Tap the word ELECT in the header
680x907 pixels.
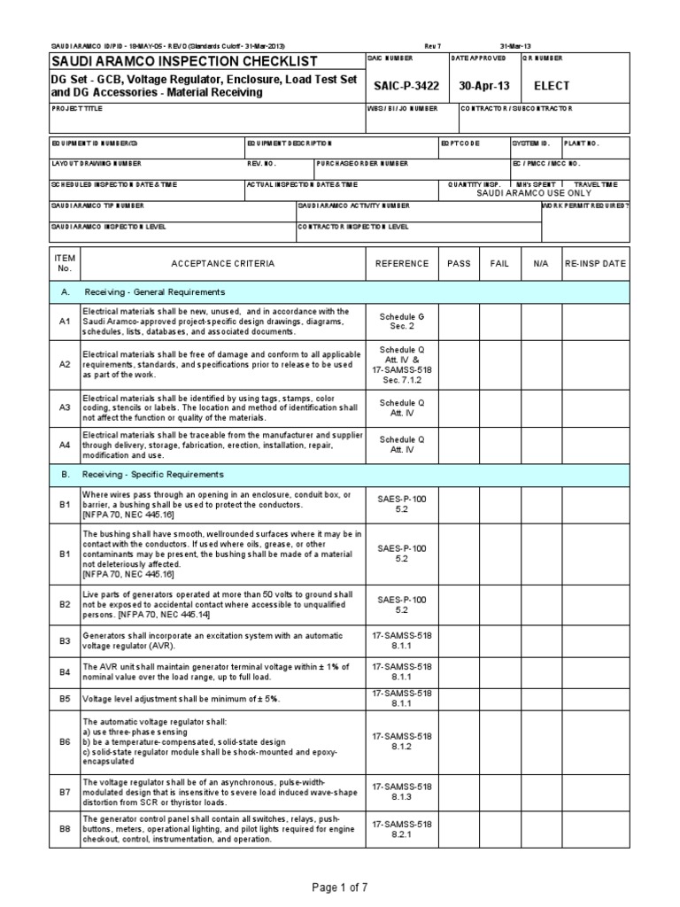pos(551,86)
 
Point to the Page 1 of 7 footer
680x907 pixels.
pos(340,886)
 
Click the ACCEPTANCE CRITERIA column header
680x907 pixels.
pos(222,263)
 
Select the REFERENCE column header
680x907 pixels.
pos(402,263)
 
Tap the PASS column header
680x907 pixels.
pos(459,263)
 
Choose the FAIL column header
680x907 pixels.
pos(499,263)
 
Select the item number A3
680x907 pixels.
pos(64,407)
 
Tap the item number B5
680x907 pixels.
pos(64,698)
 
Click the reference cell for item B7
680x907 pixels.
pos(402,789)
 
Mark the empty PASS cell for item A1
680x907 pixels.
pos(459,322)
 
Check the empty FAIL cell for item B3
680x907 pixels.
pos(499,640)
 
